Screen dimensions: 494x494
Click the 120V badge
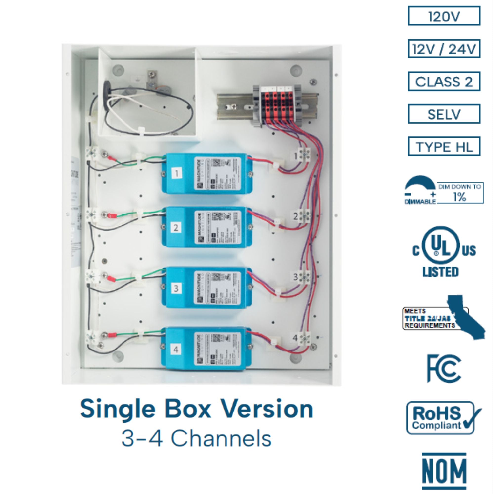point(444,16)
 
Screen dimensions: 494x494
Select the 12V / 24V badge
point(444,49)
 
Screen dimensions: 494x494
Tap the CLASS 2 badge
point(444,82)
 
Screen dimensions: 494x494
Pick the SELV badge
point(444,114)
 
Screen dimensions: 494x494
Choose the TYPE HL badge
point(444,146)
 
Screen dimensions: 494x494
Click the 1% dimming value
point(459,197)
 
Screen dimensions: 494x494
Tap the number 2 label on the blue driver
point(176,227)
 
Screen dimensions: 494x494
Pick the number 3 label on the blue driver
point(176,288)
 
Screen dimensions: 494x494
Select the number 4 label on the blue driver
point(176,350)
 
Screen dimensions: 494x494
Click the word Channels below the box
point(221,438)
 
